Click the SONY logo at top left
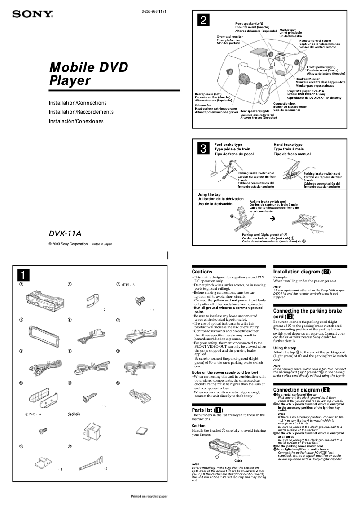point(32,14)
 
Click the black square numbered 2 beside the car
point(204,20)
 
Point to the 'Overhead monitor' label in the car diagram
point(229,37)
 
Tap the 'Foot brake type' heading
point(228,145)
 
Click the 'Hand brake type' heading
point(288,145)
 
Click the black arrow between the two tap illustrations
point(272,219)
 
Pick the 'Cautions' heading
point(202,272)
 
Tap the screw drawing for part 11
point(86,398)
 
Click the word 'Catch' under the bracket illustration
point(239,460)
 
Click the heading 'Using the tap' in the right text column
point(285,348)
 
